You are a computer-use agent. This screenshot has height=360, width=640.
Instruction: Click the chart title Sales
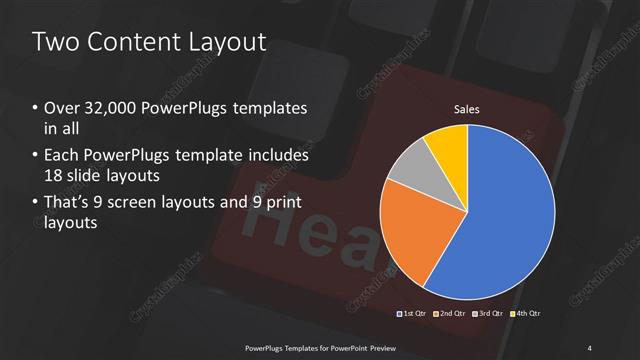(467, 108)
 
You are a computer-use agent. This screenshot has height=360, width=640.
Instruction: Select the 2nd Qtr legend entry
(451, 314)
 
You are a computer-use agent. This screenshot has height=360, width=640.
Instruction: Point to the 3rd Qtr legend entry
(488, 314)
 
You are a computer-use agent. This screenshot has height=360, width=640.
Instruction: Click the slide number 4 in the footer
(590, 347)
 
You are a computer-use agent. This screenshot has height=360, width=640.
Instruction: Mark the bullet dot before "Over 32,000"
(36, 108)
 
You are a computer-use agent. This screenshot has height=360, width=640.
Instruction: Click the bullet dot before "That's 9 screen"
(36, 204)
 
